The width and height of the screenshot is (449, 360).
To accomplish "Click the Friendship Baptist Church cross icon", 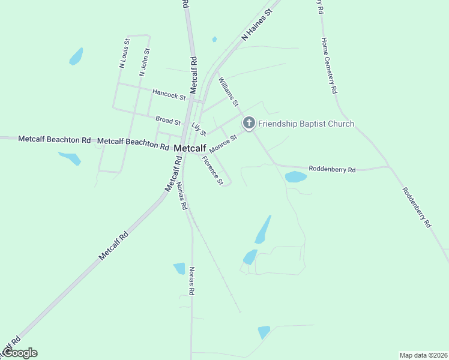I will pos(249,124).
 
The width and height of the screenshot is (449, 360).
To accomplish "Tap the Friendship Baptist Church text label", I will pos(306,124).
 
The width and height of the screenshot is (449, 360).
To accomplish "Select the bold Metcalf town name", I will pos(190,148).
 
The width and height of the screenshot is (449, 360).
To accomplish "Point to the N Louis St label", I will pos(124,54).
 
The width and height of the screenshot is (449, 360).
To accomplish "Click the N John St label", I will pos(143,62).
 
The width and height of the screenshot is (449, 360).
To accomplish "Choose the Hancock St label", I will pos(169,94).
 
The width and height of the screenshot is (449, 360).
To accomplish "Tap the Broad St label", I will pos(167,121).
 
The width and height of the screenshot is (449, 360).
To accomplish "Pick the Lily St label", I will pos(199,129).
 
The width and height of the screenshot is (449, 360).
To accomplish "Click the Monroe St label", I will pos(223,143).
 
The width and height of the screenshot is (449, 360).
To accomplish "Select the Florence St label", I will pos(212,170).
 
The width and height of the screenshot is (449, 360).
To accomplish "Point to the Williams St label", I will pos(229,92).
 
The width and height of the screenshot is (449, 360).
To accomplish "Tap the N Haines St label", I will pos(257,25).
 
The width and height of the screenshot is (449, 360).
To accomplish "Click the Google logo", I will pos(19,353).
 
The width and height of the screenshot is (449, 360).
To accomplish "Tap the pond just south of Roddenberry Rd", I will pos(295,176).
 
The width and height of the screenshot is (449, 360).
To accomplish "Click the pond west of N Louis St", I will pos(76,56).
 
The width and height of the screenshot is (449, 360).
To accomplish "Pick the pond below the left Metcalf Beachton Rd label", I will pos(70,158).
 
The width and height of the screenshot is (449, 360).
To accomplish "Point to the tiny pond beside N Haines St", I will pos(214,40).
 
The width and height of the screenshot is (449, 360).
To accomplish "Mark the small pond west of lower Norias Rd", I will pos(179,268).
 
